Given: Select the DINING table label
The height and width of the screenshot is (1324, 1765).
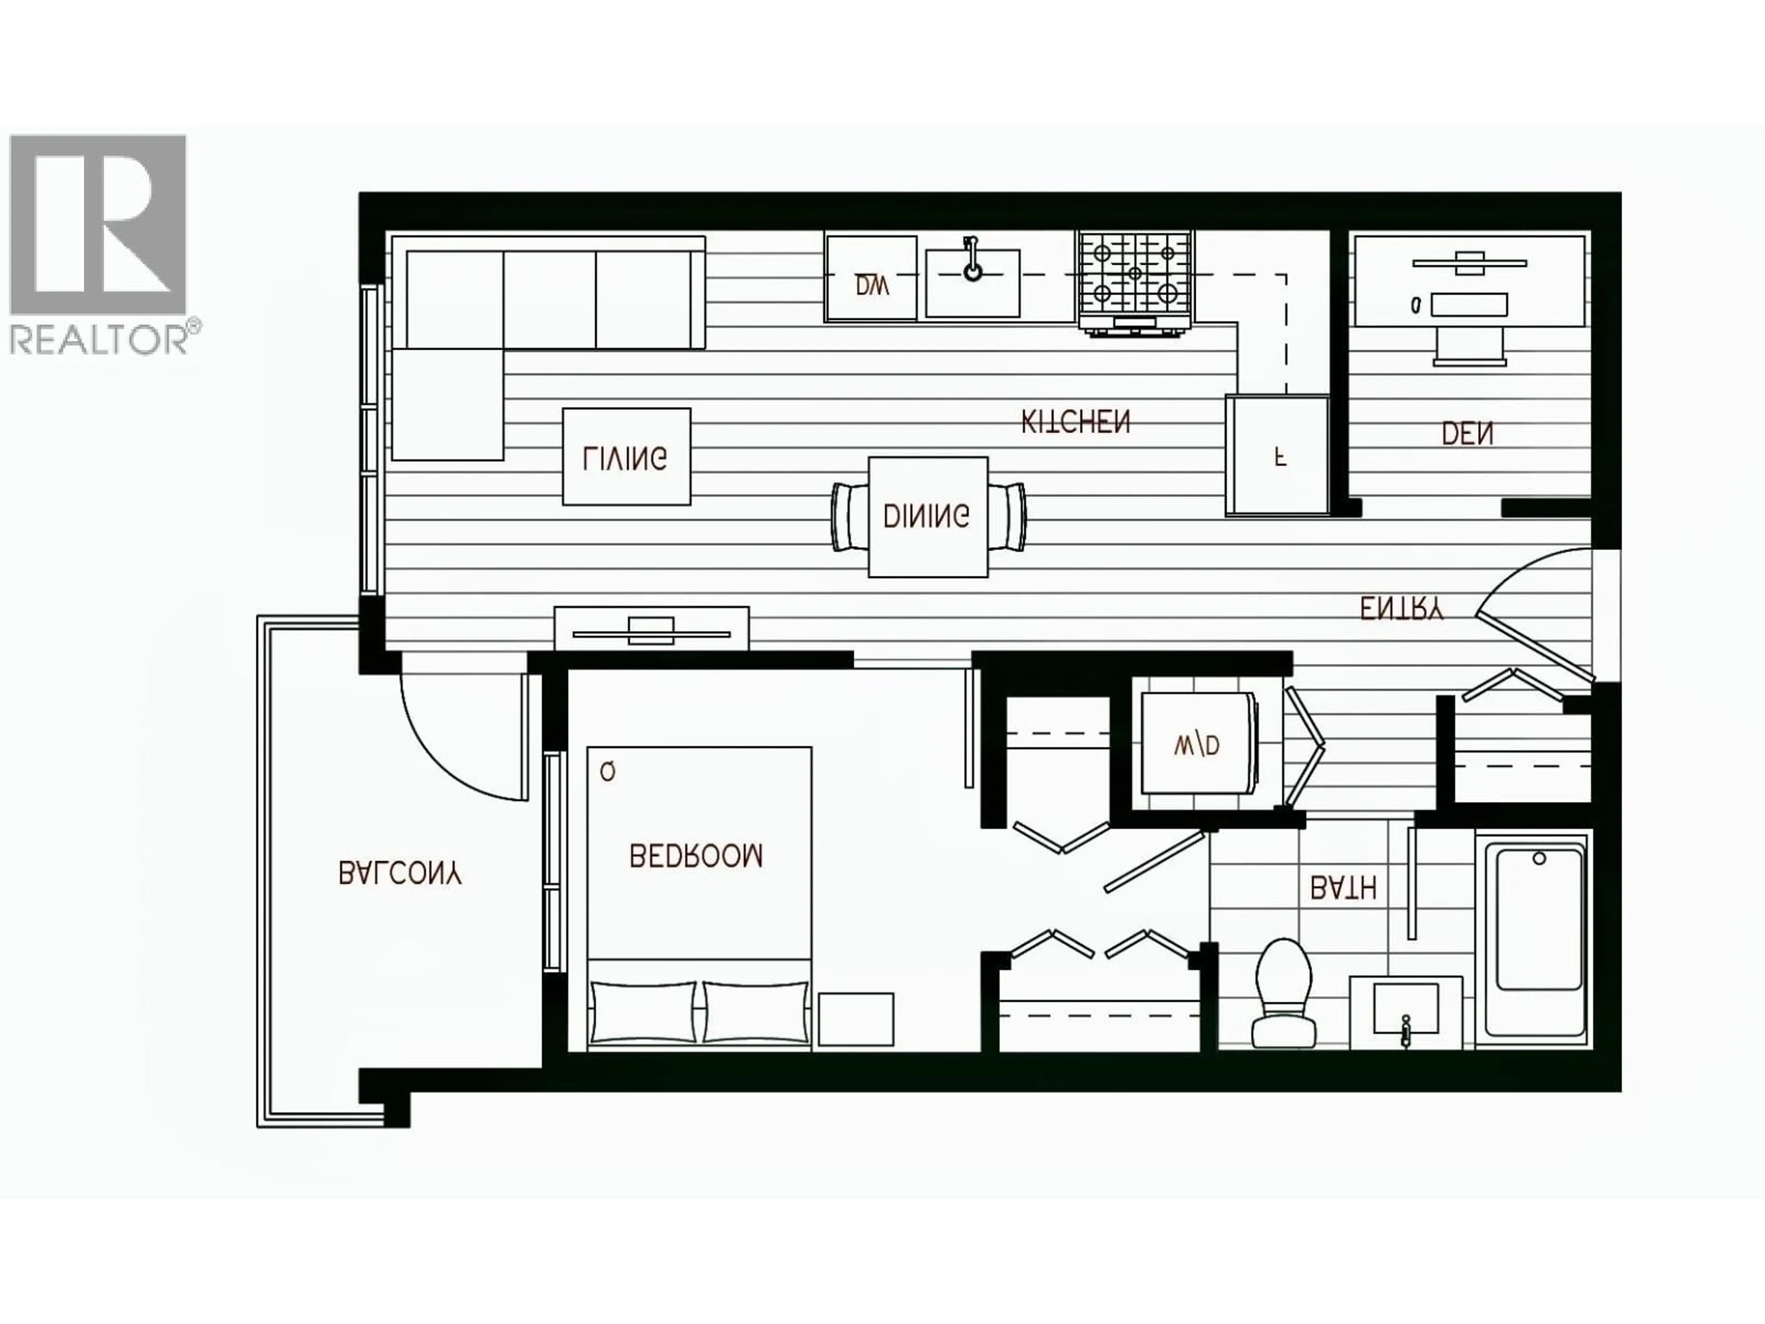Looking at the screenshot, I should tap(927, 516).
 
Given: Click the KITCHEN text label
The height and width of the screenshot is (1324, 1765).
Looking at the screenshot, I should tap(1076, 422).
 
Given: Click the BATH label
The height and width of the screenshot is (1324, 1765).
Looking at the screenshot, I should tap(1344, 887).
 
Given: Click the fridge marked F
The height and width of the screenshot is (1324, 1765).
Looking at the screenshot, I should tap(1277, 456).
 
